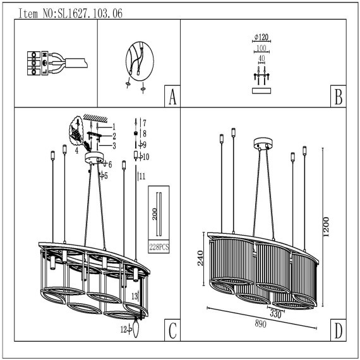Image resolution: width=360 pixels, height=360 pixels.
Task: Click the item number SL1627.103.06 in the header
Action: tap(90, 13)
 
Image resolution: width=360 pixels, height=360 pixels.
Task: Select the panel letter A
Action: tap(172, 97)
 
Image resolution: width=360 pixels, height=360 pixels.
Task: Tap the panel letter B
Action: tap(339, 97)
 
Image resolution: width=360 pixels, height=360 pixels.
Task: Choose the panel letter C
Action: tap(172, 330)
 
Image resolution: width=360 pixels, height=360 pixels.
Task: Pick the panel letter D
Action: tap(339, 330)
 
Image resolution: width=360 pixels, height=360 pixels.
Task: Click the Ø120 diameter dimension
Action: tap(261, 37)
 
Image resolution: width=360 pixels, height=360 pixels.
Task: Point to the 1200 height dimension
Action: tap(326, 227)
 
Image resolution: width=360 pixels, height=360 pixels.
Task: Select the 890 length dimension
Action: tap(261, 324)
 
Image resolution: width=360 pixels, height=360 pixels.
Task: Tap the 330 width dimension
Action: tap(275, 314)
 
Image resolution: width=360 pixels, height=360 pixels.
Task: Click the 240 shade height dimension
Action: tap(200, 258)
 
